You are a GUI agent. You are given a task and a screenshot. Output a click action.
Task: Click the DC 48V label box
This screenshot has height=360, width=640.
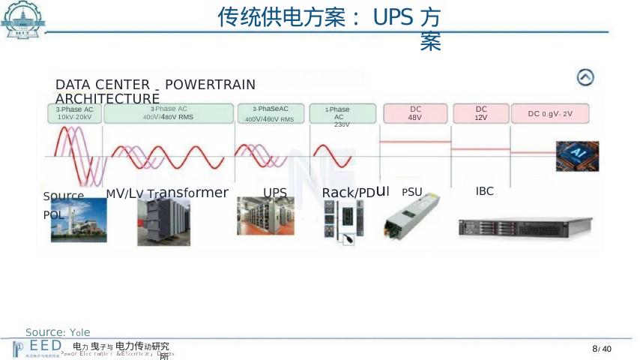(414, 113)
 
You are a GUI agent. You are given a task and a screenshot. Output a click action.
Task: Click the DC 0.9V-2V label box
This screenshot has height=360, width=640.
(550, 113)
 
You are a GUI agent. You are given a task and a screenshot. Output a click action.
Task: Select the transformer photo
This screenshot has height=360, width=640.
(163, 221)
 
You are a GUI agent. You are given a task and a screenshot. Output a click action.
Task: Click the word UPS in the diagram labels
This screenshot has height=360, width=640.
(275, 193)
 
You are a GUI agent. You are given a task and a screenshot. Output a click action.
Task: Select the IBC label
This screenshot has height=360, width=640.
(485, 191)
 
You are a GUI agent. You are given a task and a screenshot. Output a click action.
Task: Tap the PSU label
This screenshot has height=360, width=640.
(412, 192)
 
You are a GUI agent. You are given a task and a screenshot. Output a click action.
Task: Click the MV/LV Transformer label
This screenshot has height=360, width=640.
(167, 193)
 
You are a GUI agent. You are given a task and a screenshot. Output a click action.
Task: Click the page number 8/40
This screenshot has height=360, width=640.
(602, 349)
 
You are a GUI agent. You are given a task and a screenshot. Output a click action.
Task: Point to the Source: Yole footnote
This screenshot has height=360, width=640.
(58, 332)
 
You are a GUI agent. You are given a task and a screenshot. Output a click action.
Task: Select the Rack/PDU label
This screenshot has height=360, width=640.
(355, 193)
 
